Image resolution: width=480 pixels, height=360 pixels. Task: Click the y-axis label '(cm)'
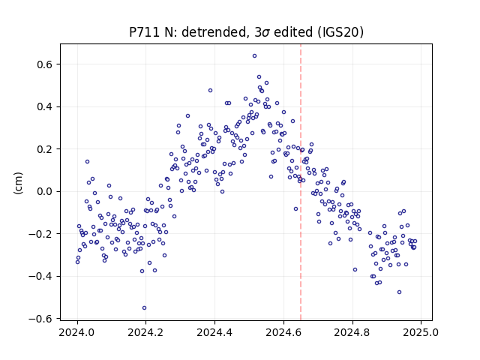(18, 183)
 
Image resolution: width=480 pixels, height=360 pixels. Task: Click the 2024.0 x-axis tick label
(77, 332)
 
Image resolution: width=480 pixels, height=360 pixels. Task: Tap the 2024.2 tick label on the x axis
(146, 332)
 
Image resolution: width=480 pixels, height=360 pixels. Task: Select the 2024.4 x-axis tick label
(215, 332)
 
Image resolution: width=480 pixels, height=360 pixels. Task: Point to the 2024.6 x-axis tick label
(283, 332)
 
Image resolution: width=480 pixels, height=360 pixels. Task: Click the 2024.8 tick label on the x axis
(352, 332)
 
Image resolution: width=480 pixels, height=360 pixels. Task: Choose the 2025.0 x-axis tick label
(421, 332)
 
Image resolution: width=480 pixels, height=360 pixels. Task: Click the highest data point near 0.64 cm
(254, 56)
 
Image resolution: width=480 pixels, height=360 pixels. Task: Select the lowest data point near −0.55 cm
(144, 308)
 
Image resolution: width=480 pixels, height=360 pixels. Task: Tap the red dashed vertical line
(301, 182)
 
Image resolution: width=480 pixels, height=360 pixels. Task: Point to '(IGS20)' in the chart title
(340, 32)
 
